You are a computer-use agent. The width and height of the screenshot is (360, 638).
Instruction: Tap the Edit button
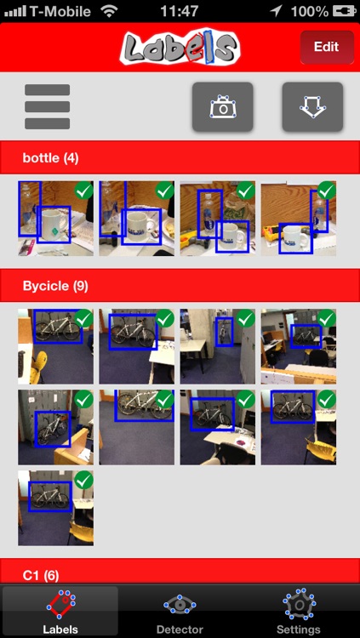click(327, 47)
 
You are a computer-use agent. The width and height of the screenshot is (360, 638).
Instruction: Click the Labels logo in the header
click(180, 48)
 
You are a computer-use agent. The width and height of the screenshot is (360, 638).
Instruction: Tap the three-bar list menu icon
click(48, 106)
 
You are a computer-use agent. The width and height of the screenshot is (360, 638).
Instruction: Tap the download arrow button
click(312, 107)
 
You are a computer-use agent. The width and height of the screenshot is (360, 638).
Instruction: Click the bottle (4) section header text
click(50, 158)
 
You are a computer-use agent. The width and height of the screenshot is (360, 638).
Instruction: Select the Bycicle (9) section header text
click(55, 286)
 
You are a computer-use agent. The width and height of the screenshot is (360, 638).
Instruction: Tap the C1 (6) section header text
click(41, 575)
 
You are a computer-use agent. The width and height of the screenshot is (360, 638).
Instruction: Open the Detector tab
click(180, 611)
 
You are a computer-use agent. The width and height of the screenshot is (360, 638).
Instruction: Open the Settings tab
click(299, 611)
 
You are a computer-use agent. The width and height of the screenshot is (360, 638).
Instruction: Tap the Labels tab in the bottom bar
click(60, 611)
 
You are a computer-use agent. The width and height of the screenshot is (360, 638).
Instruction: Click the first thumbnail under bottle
click(56, 219)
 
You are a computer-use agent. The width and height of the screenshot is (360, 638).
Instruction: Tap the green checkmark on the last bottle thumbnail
click(327, 191)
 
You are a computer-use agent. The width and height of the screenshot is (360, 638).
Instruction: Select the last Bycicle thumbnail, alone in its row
click(56, 508)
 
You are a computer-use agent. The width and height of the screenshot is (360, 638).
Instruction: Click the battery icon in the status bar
click(345, 11)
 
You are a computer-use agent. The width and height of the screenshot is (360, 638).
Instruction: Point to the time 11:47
click(180, 11)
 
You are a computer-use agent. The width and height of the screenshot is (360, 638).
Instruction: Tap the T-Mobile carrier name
click(60, 11)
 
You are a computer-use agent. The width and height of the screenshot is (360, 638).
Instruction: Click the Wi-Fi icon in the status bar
click(109, 11)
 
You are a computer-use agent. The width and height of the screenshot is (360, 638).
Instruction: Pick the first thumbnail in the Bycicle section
click(56, 346)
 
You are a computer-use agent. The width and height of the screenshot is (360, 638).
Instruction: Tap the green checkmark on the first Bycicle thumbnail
click(84, 319)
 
